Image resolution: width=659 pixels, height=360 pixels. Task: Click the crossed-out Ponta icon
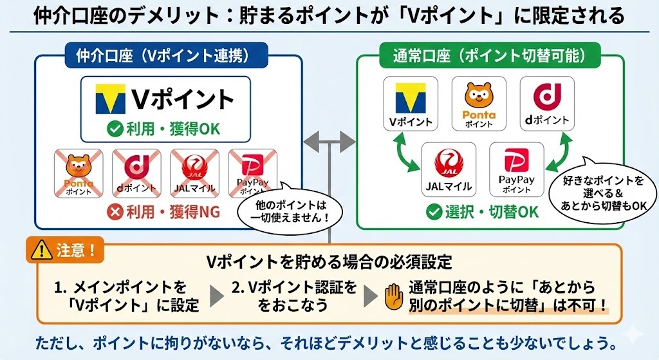point(79,171)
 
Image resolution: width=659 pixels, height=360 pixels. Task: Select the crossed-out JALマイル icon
point(193,171)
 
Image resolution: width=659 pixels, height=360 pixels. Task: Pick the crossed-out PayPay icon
point(252,171)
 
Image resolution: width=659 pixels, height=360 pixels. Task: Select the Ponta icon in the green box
point(479,102)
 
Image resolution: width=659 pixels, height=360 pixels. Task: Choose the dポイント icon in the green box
point(546,102)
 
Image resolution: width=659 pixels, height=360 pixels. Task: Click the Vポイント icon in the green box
point(411,102)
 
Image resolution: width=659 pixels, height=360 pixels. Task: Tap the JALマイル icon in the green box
point(449,169)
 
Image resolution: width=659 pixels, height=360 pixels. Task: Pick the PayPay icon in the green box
point(516,169)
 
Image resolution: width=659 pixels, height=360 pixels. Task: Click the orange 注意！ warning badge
point(66,250)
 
